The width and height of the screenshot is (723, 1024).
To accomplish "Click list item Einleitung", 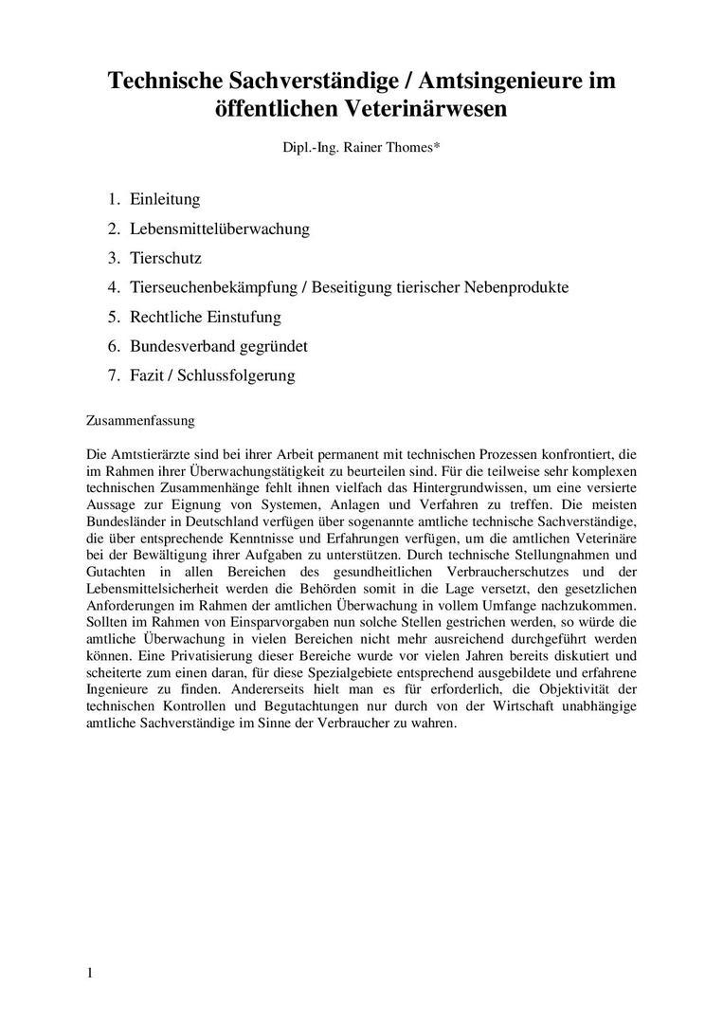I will (x=165, y=199).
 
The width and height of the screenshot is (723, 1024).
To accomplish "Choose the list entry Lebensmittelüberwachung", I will (x=220, y=229).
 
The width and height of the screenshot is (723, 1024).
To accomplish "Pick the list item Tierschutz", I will (x=166, y=258).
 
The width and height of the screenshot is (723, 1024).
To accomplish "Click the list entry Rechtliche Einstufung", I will (x=206, y=317).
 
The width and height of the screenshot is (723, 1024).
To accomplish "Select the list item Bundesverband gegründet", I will (x=219, y=346).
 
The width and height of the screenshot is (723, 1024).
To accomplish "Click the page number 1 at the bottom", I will (x=89, y=974).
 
